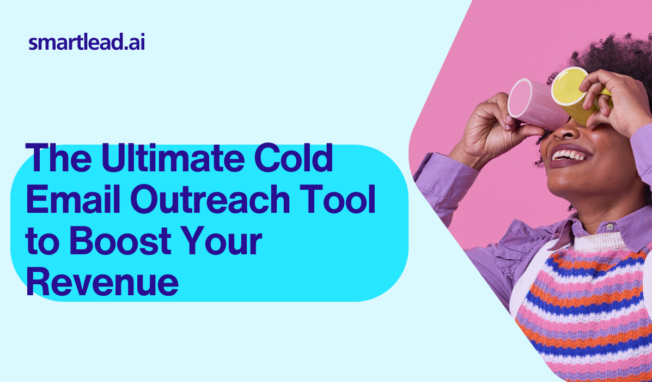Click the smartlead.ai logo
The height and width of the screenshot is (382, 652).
coord(87,43)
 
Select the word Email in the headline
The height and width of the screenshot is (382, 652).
coord(73,198)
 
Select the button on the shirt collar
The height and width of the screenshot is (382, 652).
coord(610,227)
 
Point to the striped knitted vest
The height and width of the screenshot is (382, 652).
coord(582,308)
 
